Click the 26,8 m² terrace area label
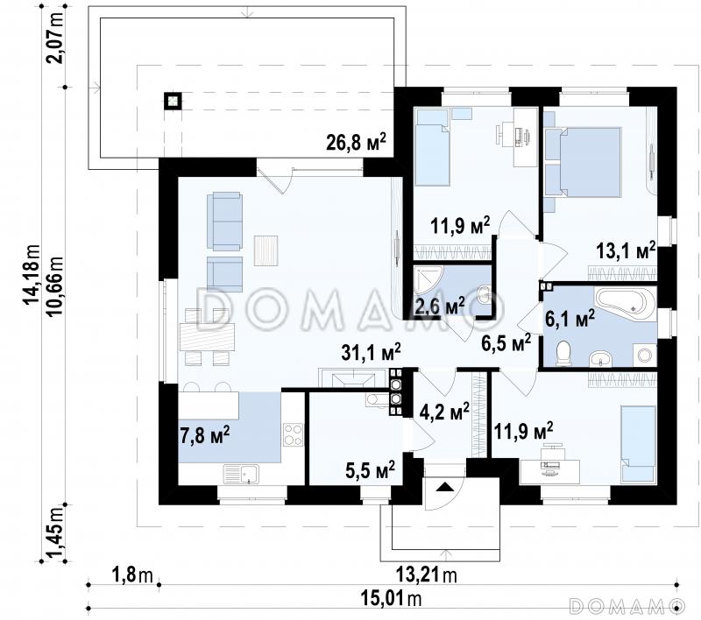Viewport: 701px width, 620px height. point(357,142)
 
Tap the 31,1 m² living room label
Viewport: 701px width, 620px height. point(371,352)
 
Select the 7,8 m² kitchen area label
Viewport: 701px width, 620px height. point(205,434)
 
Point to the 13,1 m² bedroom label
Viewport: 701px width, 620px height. point(626,250)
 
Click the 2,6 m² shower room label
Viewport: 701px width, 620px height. point(440,306)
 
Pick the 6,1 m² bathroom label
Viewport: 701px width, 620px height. point(570,318)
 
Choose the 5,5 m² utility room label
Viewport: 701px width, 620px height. point(370,470)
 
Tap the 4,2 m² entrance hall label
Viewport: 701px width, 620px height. point(444,412)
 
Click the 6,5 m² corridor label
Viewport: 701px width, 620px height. point(506,343)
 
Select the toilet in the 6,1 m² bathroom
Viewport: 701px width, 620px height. point(563,354)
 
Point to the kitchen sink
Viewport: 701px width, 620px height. point(242,474)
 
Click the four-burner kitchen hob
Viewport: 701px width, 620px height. point(293,434)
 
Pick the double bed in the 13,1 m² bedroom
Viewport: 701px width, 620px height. point(589,162)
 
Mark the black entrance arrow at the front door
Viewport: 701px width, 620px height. point(444,487)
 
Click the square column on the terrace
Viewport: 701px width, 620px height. point(173,101)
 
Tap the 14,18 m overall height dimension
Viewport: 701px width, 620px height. point(32,274)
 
